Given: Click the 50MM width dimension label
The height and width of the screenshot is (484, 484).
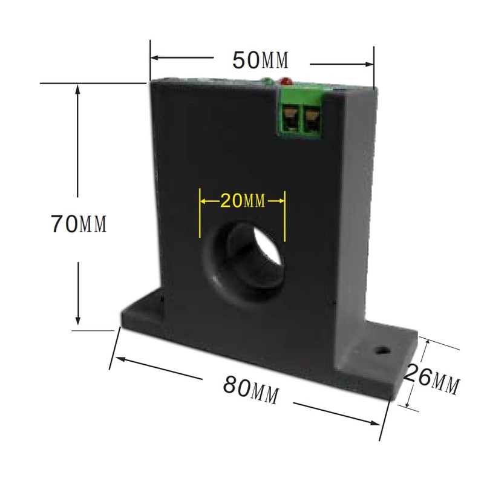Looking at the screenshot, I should click(261, 60).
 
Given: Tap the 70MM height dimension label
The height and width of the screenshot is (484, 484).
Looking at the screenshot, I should click(79, 224).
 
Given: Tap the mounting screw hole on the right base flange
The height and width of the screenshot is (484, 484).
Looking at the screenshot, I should click(381, 350).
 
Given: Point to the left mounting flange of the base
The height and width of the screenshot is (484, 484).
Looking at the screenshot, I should click(142, 312).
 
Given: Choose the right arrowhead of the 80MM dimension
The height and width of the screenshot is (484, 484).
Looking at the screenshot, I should click(381, 424).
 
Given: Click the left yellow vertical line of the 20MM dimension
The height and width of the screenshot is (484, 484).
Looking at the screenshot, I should click(200, 215).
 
